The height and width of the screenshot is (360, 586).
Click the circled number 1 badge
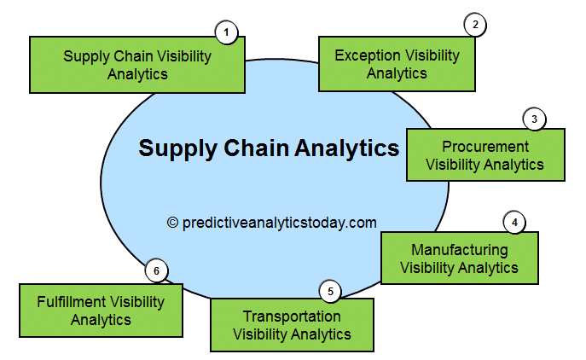coord(226,33)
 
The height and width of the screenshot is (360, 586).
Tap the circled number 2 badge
coord(475,25)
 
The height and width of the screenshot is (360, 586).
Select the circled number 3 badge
coord(534,119)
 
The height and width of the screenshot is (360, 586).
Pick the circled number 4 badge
coord(514,222)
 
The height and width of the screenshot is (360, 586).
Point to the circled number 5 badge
coord(331,291)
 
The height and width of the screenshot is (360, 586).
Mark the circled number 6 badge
coord(155,271)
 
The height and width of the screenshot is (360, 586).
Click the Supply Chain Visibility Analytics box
coord(137,65)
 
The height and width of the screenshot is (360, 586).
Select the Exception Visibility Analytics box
coord(397,64)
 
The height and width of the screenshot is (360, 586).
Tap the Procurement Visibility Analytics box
coord(484,155)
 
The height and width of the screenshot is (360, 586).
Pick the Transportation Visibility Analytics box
coord(292,325)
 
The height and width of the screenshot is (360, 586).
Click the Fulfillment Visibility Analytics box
coord(101,311)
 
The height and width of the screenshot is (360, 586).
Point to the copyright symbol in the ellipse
coord(172,223)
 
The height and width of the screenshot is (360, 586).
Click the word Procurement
coord(484,146)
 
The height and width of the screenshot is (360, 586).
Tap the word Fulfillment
coord(72,301)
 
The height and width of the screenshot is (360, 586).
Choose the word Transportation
coord(292,316)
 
